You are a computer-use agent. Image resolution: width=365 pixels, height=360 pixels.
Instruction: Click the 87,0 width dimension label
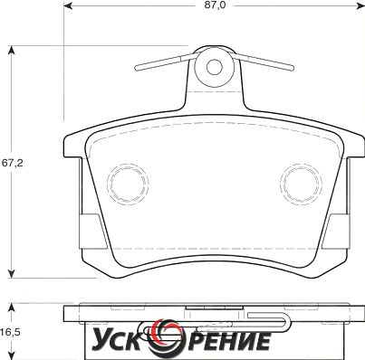216,5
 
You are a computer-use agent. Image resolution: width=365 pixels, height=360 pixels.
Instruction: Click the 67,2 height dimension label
12,163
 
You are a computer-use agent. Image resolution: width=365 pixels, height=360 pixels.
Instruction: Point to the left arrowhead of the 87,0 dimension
68,5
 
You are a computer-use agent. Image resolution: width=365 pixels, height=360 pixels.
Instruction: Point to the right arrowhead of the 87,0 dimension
360,5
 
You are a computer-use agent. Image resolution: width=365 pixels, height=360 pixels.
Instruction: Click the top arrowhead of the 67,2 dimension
12,50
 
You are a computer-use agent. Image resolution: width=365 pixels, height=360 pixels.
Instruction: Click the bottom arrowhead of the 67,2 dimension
12,273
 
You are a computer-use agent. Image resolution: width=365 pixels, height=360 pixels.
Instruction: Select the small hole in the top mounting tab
215,67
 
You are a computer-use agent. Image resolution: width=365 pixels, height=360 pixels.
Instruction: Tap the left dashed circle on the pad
128,184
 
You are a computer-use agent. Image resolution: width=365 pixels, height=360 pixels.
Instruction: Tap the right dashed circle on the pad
301,184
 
